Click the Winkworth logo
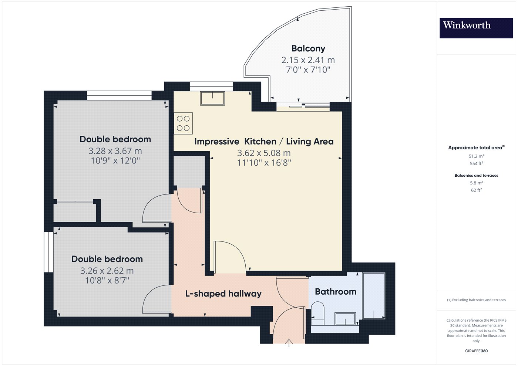point(476,28)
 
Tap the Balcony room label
point(308,48)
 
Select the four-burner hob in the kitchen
point(183,123)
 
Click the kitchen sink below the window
point(212,98)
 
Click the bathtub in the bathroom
point(374,296)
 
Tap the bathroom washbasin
point(345,319)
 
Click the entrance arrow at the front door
point(289,343)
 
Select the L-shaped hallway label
point(223,294)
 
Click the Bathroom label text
point(336,292)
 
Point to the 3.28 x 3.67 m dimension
point(115,151)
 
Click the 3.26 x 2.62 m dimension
point(107,271)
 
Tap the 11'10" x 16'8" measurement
point(264,163)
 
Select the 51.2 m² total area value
point(477,156)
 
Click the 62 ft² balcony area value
point(477,190)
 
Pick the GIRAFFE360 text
point(477,351)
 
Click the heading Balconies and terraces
point(477,175)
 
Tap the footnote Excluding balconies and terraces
point(477,300)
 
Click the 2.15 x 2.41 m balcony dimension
point(308,60)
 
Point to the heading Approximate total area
point(477,148)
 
